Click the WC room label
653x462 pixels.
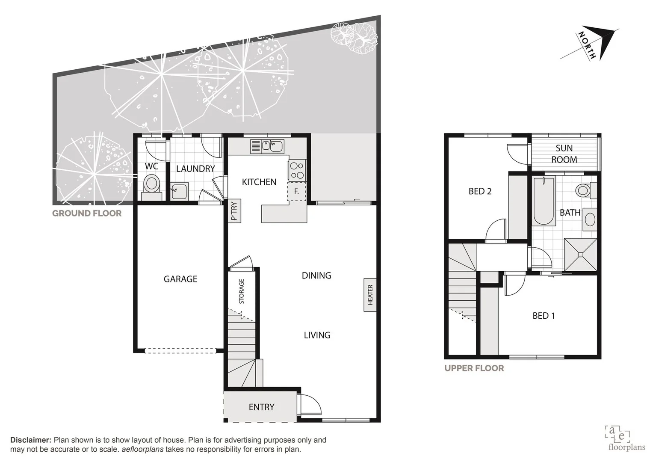[x=151, y=166]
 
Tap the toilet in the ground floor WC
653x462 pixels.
[x=151, y=184]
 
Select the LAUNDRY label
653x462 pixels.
[x=195, y=169]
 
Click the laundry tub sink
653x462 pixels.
[x=180, y=191]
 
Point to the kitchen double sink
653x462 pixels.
[x=272, y=146]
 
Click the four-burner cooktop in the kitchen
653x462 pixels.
[x=297, y=170]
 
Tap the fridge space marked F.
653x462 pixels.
[x=296, y=192]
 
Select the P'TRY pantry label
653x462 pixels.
[x=234, y=211]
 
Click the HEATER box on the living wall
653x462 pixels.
[x=370, y=295]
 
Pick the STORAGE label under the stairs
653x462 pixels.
[x=242, y=291]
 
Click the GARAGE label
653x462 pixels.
[x=180, y=279]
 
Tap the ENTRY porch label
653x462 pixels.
[x=261, y=407]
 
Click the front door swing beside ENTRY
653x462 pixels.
[x=310, y=404]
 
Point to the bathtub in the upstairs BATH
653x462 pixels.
[x=544, y=201]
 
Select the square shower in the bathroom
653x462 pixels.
[x=580, y=255]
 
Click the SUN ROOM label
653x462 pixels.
[x=564, y=154]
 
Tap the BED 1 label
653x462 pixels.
[x=544, y=316]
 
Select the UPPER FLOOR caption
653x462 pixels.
[x=474, y=368]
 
